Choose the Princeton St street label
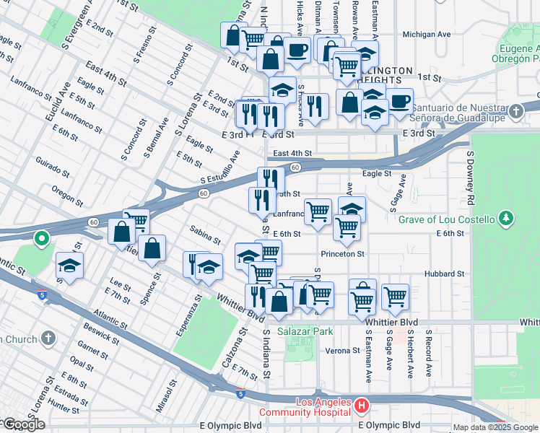tap(343, 254)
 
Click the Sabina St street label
tap(205, 234)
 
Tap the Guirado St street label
tap(53, 170)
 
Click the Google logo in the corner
tap(23, 425)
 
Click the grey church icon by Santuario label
tap(515, 112)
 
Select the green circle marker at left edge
tap(42, 237)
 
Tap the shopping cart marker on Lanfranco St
tap(318, 211)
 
